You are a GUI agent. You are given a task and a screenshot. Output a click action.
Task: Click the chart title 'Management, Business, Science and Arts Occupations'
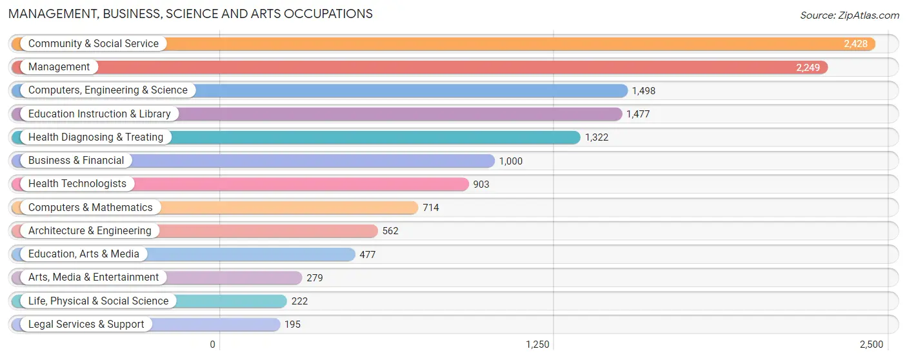coord(190,14)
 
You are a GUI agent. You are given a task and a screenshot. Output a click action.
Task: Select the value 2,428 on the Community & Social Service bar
coord(855,44)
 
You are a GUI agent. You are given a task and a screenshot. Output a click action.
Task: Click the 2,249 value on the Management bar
coord(808,67)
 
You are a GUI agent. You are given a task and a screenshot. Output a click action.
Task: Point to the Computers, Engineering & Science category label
coord(108,90)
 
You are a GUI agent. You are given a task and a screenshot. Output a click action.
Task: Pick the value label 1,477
coord(637,114)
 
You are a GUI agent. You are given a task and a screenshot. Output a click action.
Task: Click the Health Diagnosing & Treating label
coord(95,137)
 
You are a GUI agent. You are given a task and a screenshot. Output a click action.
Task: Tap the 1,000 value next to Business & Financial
coord(510,161)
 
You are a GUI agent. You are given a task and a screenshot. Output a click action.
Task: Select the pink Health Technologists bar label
coord(77,184)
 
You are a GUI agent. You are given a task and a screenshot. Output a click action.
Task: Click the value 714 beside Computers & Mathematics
coord(430,208)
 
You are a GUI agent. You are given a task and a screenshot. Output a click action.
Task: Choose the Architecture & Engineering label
coord(90,231)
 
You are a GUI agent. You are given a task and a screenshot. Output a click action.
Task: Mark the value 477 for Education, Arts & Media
coord(367,255)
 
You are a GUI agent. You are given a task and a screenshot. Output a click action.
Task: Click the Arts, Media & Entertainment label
coord(94,277)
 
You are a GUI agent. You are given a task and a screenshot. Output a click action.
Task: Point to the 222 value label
coord(299,301)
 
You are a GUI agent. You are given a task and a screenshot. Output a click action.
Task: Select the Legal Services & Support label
coord(86,325)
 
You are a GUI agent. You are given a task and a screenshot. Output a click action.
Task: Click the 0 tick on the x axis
coord(212,345)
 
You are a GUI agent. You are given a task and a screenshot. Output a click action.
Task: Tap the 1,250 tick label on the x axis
coord(537,345)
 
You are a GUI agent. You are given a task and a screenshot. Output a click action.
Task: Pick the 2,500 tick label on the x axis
coord(871,345)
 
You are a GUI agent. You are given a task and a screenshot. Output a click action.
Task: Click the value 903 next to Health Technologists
coord(481,185)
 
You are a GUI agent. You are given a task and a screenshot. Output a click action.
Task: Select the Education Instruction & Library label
coord(99,114)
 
